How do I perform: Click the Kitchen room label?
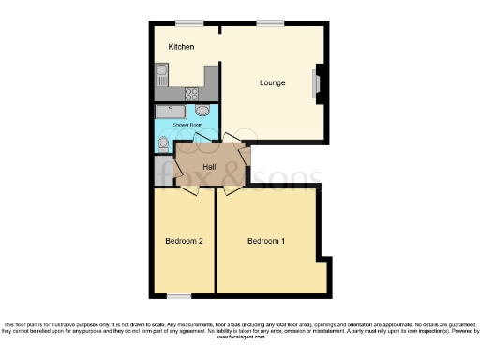point(181,47)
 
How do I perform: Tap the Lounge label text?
point(273,83)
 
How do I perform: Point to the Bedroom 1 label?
point(266,241)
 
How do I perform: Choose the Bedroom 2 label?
point(185,241)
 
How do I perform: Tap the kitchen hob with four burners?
point(193,94)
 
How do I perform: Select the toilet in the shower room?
point(164,142)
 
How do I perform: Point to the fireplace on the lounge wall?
point(316,84)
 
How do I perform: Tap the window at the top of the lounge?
point(272,22)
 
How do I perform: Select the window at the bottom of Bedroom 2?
point(180,295)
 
